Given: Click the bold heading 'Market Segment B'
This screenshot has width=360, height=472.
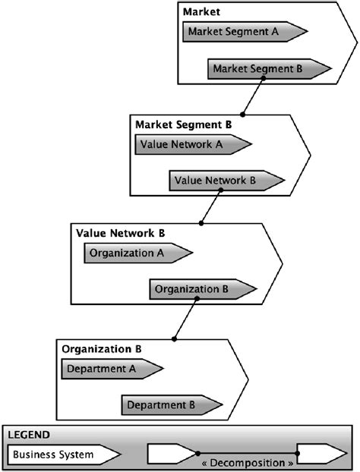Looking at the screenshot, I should [183, 124].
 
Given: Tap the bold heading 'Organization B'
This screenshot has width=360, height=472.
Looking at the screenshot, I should [101, 349].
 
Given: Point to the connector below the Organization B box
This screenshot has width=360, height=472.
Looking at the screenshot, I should [185, 319].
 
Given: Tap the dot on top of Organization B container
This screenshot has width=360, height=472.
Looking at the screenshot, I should [174, 339].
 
